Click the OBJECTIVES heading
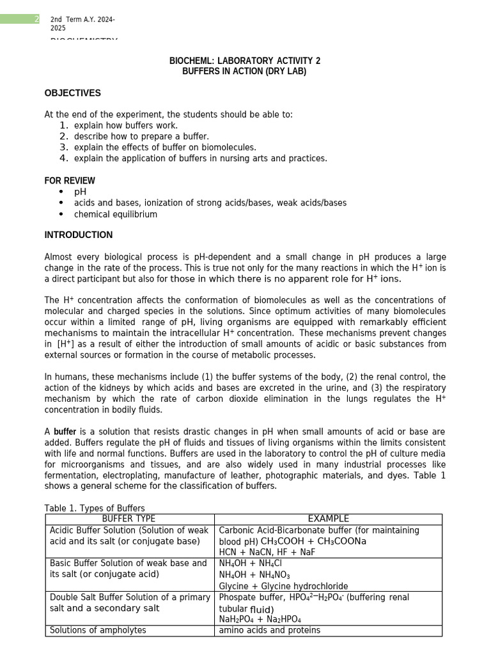tap(72, 93)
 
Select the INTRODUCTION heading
tap(78, 235)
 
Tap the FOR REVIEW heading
tap(70, 180)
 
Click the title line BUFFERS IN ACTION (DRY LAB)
tap(244, 72)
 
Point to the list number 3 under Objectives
tap(63, 147)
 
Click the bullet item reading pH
tap(80, 192)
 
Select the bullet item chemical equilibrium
tap(115, 214)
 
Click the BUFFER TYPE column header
tap(129, 519)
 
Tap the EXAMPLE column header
tap(328, 519)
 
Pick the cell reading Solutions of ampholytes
tap(98, 630)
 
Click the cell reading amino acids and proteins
tap(269, 630)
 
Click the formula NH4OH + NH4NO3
tap(254, 574)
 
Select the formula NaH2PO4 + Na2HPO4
tap(260, 619)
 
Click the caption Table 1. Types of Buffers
tap(94, 509)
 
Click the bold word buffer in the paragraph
tap(65, 432)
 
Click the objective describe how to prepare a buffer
tap(141, 136)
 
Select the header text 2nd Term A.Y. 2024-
tap(82, 20)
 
